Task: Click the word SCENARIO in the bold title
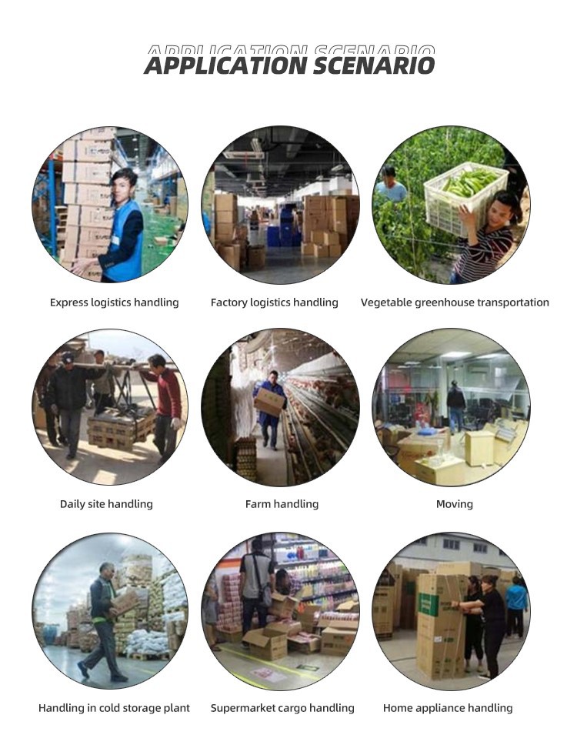tap(374, 65)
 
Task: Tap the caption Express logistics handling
tap(114, 302)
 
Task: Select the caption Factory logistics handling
tap(275, 302)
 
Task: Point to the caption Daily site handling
tap(106, 504)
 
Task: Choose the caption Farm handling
tap(282, 504)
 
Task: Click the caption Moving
tap(454, 504)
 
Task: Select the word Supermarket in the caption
tap(241, 708)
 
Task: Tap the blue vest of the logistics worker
tap(124, 241)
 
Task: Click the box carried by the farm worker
tap(269, 401)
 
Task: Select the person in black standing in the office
tap(455, 406)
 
